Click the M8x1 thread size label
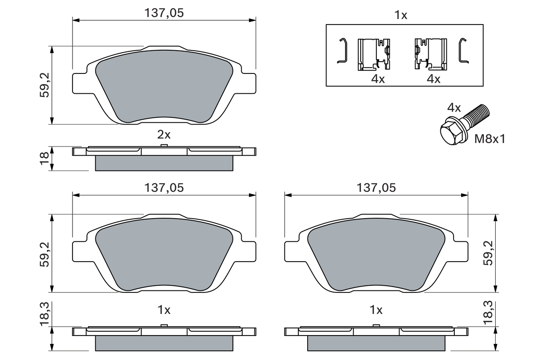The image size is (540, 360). click(490, 139)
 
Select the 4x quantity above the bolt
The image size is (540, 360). click(454, 108)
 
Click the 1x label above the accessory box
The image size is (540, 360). click(400, 16)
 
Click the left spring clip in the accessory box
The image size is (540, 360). click(374, 54)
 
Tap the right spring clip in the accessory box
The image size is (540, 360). click(430, 54)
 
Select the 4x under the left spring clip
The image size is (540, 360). click(378, 79)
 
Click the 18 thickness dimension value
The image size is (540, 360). click(44, 158)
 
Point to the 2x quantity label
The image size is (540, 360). click(164, 135)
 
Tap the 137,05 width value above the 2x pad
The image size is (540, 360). click(164, 13)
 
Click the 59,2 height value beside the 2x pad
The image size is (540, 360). click(44, 85)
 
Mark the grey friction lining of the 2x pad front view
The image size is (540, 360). click(164, 89)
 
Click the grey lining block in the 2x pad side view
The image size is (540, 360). click(164, 163)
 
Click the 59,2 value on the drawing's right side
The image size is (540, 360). click(489, 253)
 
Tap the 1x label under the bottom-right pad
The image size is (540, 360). click(376, 310)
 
